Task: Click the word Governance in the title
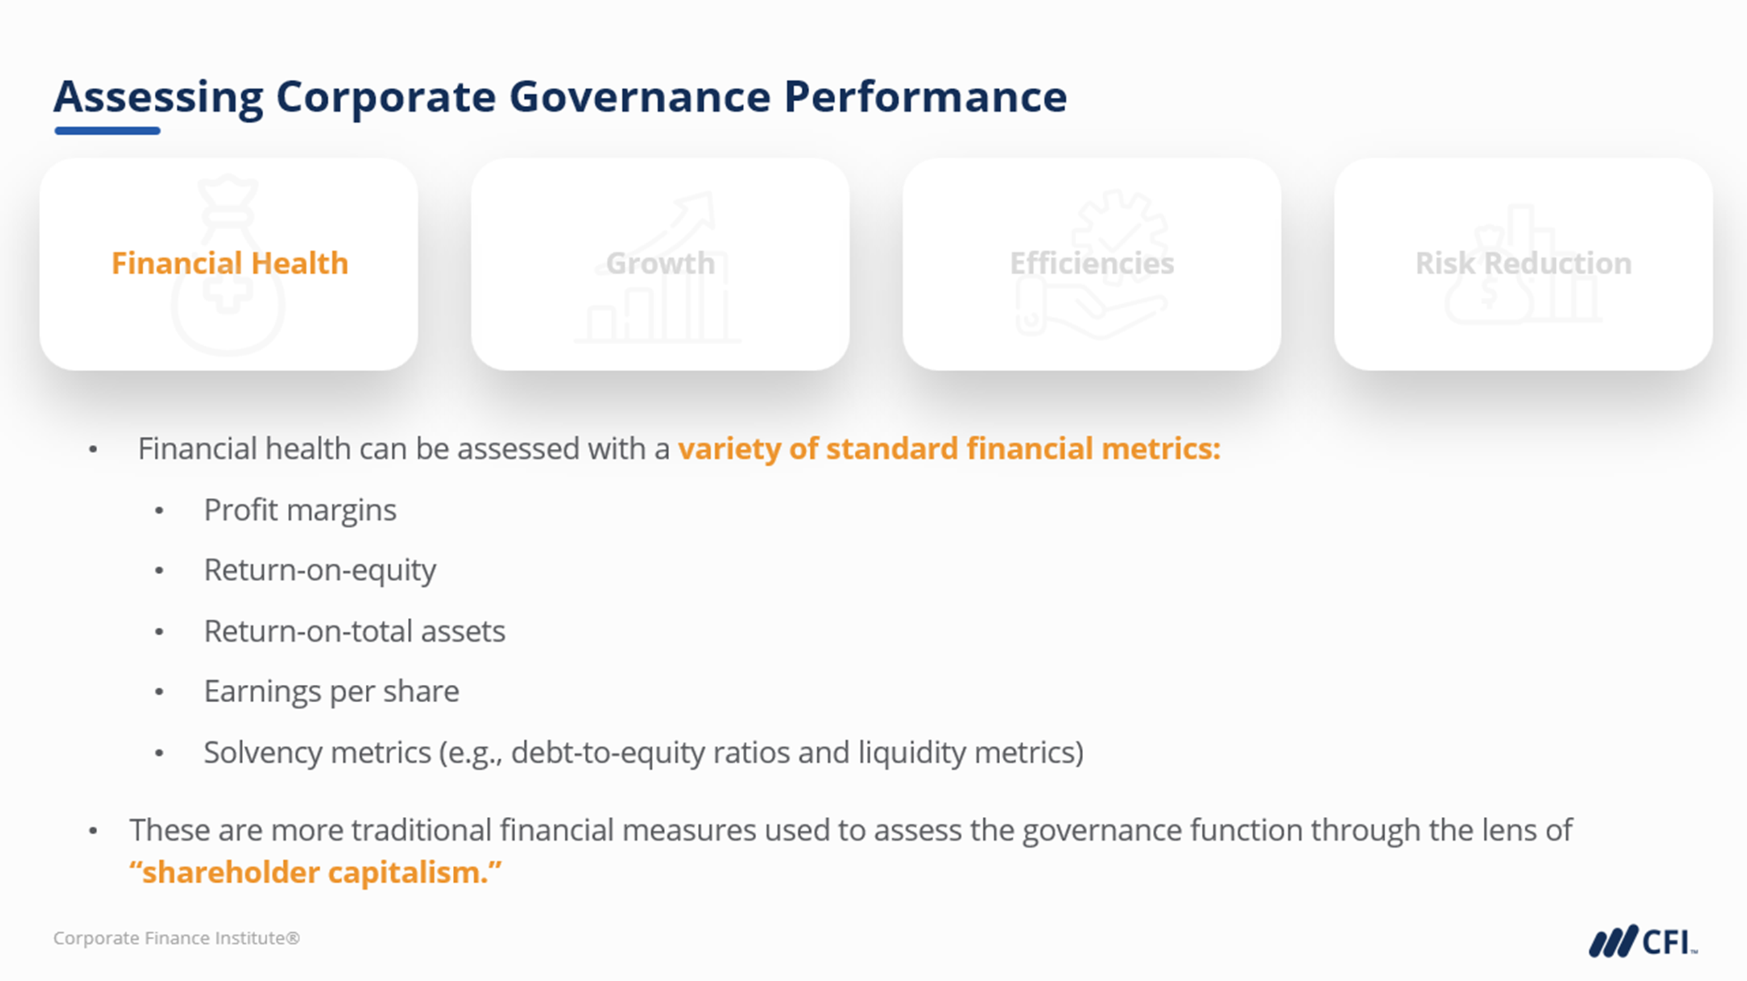[640, 97]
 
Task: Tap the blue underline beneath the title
[107, 131]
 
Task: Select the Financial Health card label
[230, 263]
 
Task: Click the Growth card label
[660, 263]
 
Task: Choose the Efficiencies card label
[1092, 263]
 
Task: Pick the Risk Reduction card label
[1523, 263]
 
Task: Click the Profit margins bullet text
[299, 510]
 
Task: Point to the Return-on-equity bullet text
[320, 570]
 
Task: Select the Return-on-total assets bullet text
[354, 631]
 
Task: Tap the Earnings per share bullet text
[332, 692]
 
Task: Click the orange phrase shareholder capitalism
[316, 872]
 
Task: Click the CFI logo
[1643, 941]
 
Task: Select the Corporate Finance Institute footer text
[176, 938]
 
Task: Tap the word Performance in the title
[926, 97]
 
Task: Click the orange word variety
[729, 449]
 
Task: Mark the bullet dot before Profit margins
[159, 511]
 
